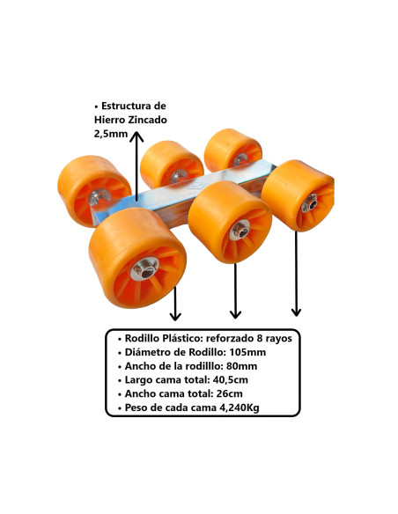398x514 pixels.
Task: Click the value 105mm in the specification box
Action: (247, 352)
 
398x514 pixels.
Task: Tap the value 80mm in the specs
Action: (241, 366)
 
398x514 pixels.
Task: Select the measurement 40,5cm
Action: (230, 380)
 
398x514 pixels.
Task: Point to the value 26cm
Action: (230, 393)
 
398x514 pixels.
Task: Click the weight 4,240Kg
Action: (239, 408)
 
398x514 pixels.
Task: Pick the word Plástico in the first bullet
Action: (181, 338)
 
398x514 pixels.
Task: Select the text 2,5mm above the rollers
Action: (111, 134)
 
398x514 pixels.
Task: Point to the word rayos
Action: (277, 339)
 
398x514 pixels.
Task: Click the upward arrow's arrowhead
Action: (136, 136)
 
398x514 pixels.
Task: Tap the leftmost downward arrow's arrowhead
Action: (175, 316)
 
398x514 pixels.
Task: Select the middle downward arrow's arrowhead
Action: (235, 314)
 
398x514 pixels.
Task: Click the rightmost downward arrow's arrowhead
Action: (296, 312)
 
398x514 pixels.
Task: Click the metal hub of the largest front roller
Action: (144, 268)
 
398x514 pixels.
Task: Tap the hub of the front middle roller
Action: (240, 230)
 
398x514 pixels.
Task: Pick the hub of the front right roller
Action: (309, 203)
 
